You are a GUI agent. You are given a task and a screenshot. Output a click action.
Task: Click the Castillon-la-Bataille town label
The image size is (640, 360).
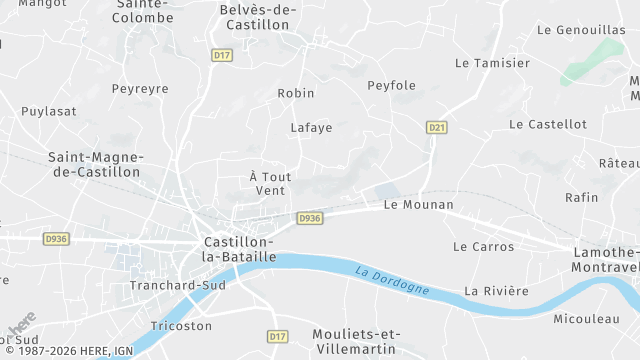point(239,249)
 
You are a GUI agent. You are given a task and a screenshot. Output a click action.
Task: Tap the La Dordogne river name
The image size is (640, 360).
point(392,279)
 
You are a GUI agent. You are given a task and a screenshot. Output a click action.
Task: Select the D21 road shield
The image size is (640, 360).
point(436,127)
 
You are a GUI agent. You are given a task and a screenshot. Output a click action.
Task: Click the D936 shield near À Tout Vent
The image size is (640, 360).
point(310,218)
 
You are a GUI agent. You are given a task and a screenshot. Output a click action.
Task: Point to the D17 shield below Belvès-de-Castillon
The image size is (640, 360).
point(222,56)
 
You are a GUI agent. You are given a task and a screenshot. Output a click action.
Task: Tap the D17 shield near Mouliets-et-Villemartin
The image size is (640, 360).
point(278,337)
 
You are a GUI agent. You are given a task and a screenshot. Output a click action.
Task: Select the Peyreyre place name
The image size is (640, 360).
point(140,89)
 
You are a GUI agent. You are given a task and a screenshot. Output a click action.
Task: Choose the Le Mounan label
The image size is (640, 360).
point(419,205)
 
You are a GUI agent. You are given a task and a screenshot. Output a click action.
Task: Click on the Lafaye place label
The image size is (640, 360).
point(311,128)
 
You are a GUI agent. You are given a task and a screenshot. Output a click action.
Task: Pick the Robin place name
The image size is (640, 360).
point(296,93)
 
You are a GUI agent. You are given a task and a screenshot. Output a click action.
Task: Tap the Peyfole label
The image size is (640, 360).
point(391,86)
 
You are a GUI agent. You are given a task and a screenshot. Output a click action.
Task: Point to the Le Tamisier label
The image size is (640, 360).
point(492,63)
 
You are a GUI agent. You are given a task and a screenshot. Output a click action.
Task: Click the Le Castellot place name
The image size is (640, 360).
point(547,124)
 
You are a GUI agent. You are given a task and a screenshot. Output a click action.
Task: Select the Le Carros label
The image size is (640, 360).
point(483,246)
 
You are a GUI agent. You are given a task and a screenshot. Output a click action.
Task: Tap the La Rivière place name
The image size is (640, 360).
point(496,291)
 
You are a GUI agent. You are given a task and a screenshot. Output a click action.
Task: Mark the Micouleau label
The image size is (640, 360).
point(586,319)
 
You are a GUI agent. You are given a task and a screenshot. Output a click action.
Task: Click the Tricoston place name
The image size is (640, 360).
point(181,326)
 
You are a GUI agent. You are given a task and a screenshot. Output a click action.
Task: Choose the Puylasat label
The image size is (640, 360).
point(49,111)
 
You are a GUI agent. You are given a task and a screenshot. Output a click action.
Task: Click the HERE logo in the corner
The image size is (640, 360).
point(22,326)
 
